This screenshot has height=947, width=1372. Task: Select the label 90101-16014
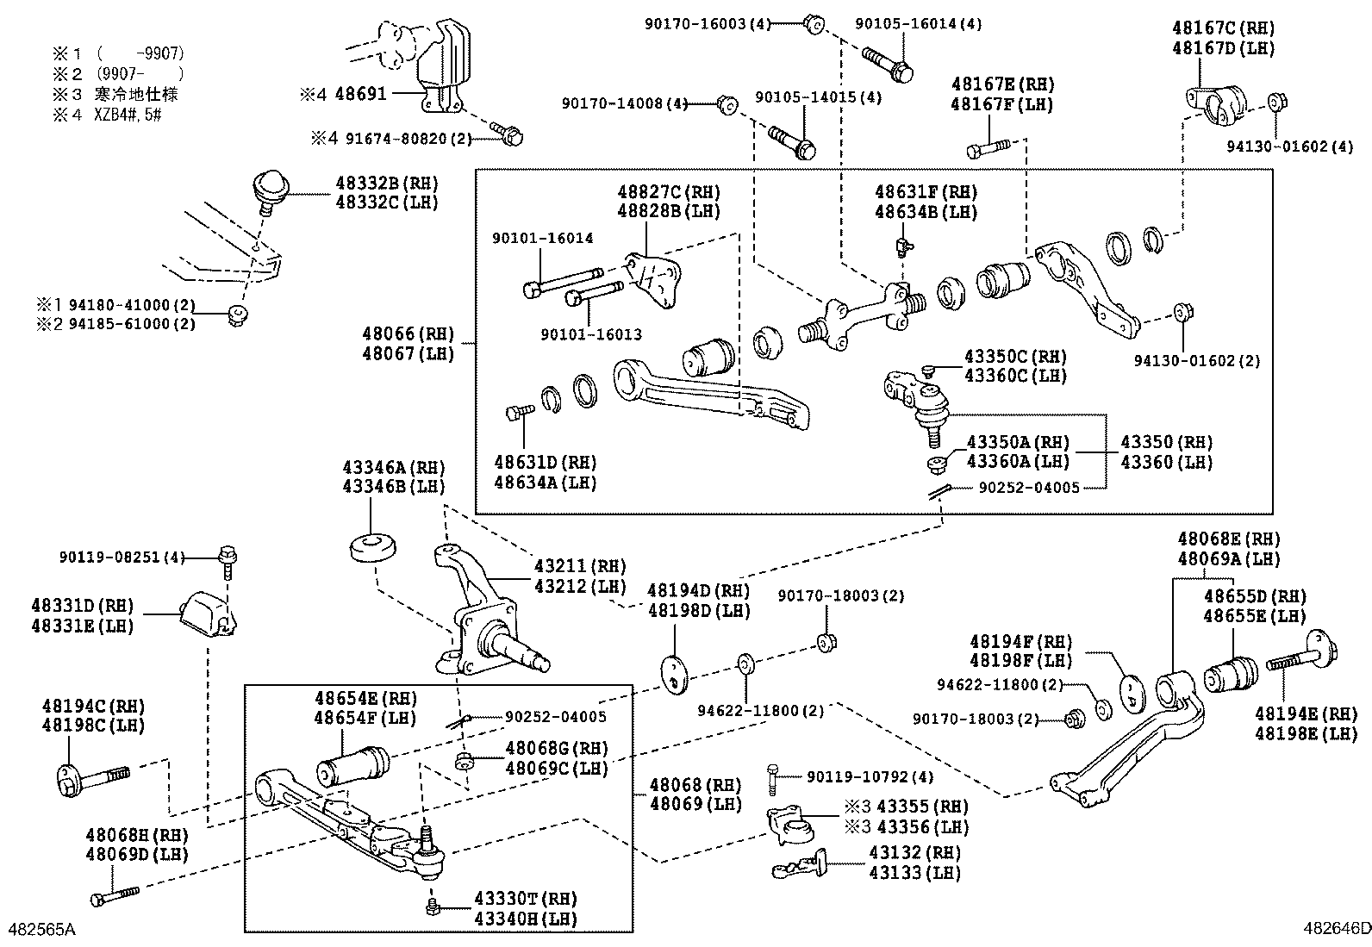pos(543,238)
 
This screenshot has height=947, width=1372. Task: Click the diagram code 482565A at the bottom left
pos(41,929)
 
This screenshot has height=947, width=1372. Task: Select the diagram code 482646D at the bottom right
pos(1336,929)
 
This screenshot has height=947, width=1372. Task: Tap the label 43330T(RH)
pos(526,899)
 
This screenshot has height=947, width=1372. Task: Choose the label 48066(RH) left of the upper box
pos(407,333)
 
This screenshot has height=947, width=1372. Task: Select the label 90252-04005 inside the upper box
pos(1029,487)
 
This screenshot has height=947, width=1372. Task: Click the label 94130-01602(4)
pos(1290,147)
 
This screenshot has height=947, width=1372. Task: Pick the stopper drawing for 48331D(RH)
pos(207,616)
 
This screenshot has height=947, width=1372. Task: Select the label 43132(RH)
pos(914,851)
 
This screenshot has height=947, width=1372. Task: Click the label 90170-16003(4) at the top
pos(707,24)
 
